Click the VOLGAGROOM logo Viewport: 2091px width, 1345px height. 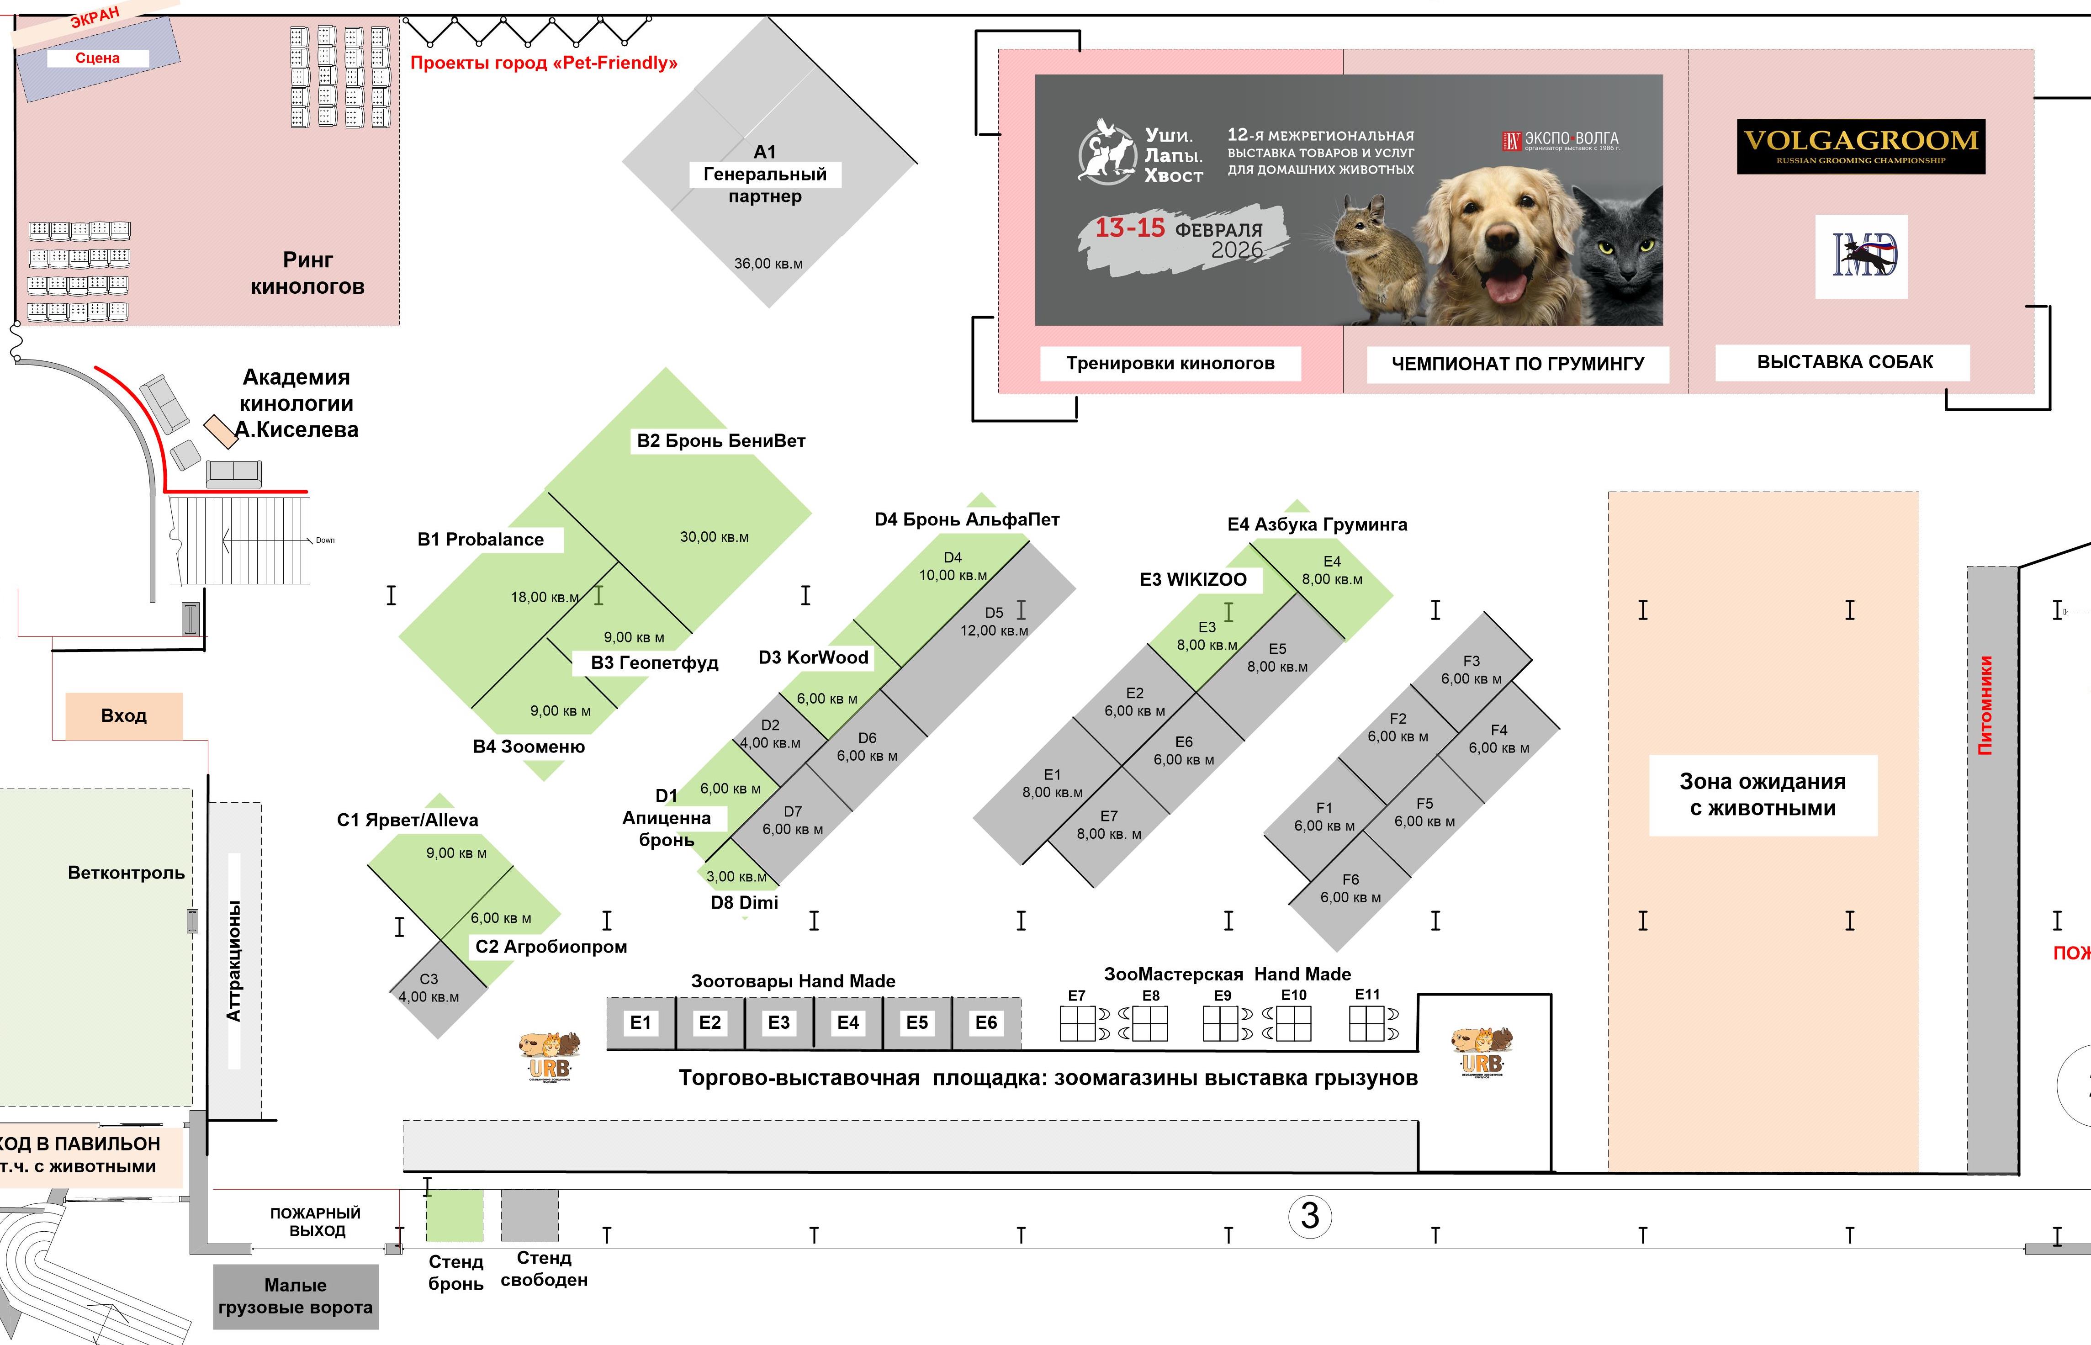click(x=1860, y=146)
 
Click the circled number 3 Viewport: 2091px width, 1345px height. click(x=1309, y=1216)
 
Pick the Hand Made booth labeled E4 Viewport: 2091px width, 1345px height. click(x=847, y=1023)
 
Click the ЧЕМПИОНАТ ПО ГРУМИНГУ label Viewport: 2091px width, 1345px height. click(x=1517, y=363)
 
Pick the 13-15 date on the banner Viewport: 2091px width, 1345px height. click(x=1130, y=229)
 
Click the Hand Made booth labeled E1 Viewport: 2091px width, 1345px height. click(x=640, y=1023)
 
